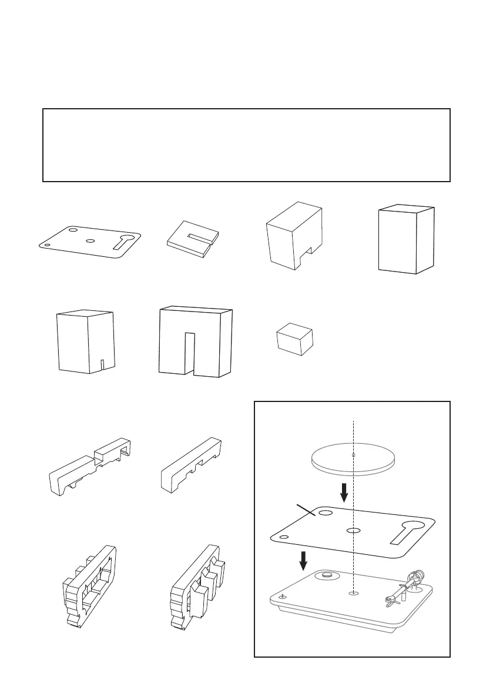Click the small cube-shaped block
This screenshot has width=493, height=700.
point(294,339)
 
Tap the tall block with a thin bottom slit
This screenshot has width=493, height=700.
point(86,341)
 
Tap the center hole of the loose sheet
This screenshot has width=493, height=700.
point(90,240)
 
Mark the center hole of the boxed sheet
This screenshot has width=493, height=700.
point(353,530)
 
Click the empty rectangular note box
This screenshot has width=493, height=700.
point(246,145)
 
